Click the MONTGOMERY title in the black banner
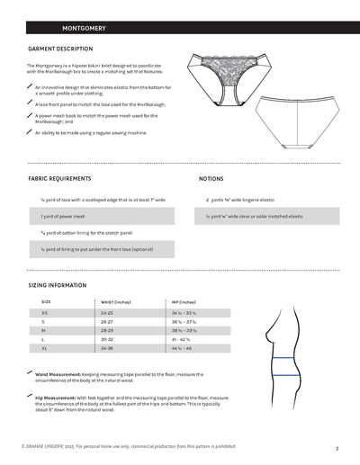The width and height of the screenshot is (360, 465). point(76,29)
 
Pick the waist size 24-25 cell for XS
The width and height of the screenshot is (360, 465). point(107,313)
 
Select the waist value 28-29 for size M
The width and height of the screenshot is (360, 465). point(107,330)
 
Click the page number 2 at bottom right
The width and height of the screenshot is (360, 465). point(336,447)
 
